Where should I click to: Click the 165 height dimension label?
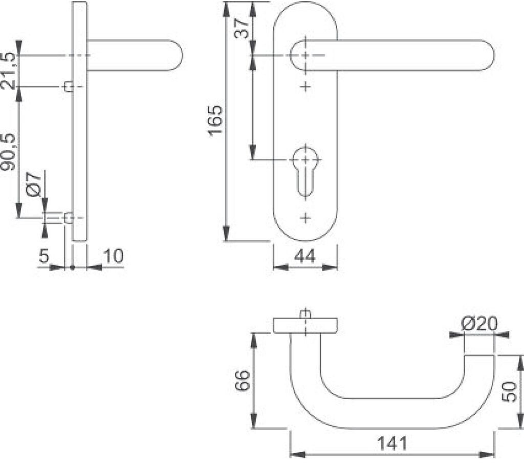tap(215, 120)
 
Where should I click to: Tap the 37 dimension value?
tap(242, 29)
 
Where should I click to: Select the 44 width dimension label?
tap(305, 257)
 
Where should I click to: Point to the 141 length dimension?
tap(392, 443)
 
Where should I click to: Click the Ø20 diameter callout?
tap(479, 323)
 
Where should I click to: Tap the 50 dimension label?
tap(510, 392)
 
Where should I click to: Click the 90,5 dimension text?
tap(8, 153)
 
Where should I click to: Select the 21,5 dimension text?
tap(8, 71)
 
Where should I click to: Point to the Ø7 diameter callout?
tap(34, 184)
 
